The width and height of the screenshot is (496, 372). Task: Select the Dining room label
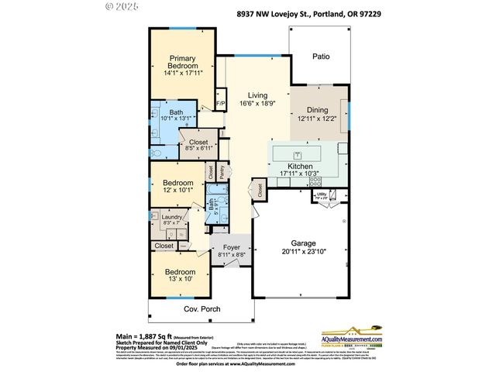tap(319, 110)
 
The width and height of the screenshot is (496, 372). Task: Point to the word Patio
tap(321, 56)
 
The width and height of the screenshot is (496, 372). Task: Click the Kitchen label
tap(299, 167)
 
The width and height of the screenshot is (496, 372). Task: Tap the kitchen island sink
tap(297, 153)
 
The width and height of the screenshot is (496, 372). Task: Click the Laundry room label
tap(171, 218)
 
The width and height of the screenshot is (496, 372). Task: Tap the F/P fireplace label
tap(220, 103)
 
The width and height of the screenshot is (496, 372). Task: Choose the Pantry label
tap(222, 172)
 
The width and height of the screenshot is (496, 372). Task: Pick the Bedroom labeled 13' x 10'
tap(180, 277)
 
